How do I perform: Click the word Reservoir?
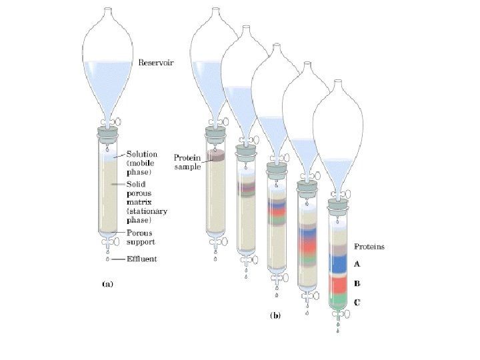[155, 64]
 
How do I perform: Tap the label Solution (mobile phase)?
[142, 163]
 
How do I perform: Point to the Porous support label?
[141, 238]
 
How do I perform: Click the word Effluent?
[142, 259]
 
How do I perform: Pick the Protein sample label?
[186, 162]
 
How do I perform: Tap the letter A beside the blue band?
[357, 264]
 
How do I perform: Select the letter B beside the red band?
[357, 283]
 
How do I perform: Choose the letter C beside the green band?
[357, 302]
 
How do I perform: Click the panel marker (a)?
[107, 283]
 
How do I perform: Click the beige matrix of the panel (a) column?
[107, 193]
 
